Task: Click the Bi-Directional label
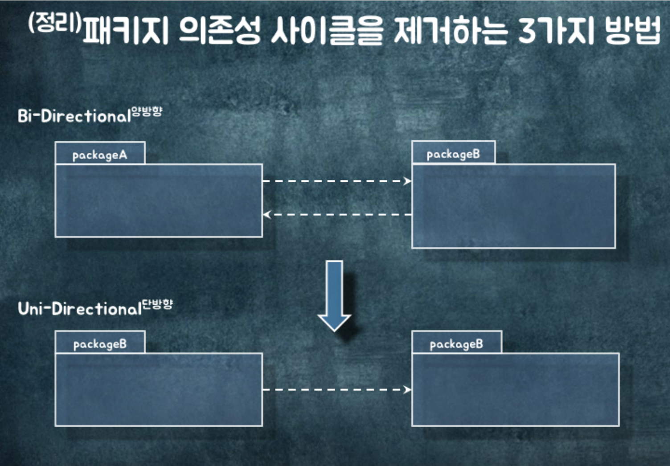74,116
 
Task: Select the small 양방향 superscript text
147,111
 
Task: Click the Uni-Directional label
80,309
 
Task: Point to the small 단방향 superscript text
157,304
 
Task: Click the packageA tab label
100,155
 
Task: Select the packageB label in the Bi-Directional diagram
453,154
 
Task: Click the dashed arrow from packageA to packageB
336,181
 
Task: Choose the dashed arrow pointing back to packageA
336,215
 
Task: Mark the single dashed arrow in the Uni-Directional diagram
336,390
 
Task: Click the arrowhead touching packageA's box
266,215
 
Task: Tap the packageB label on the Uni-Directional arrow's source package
100,344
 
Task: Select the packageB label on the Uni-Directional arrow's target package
456,344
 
